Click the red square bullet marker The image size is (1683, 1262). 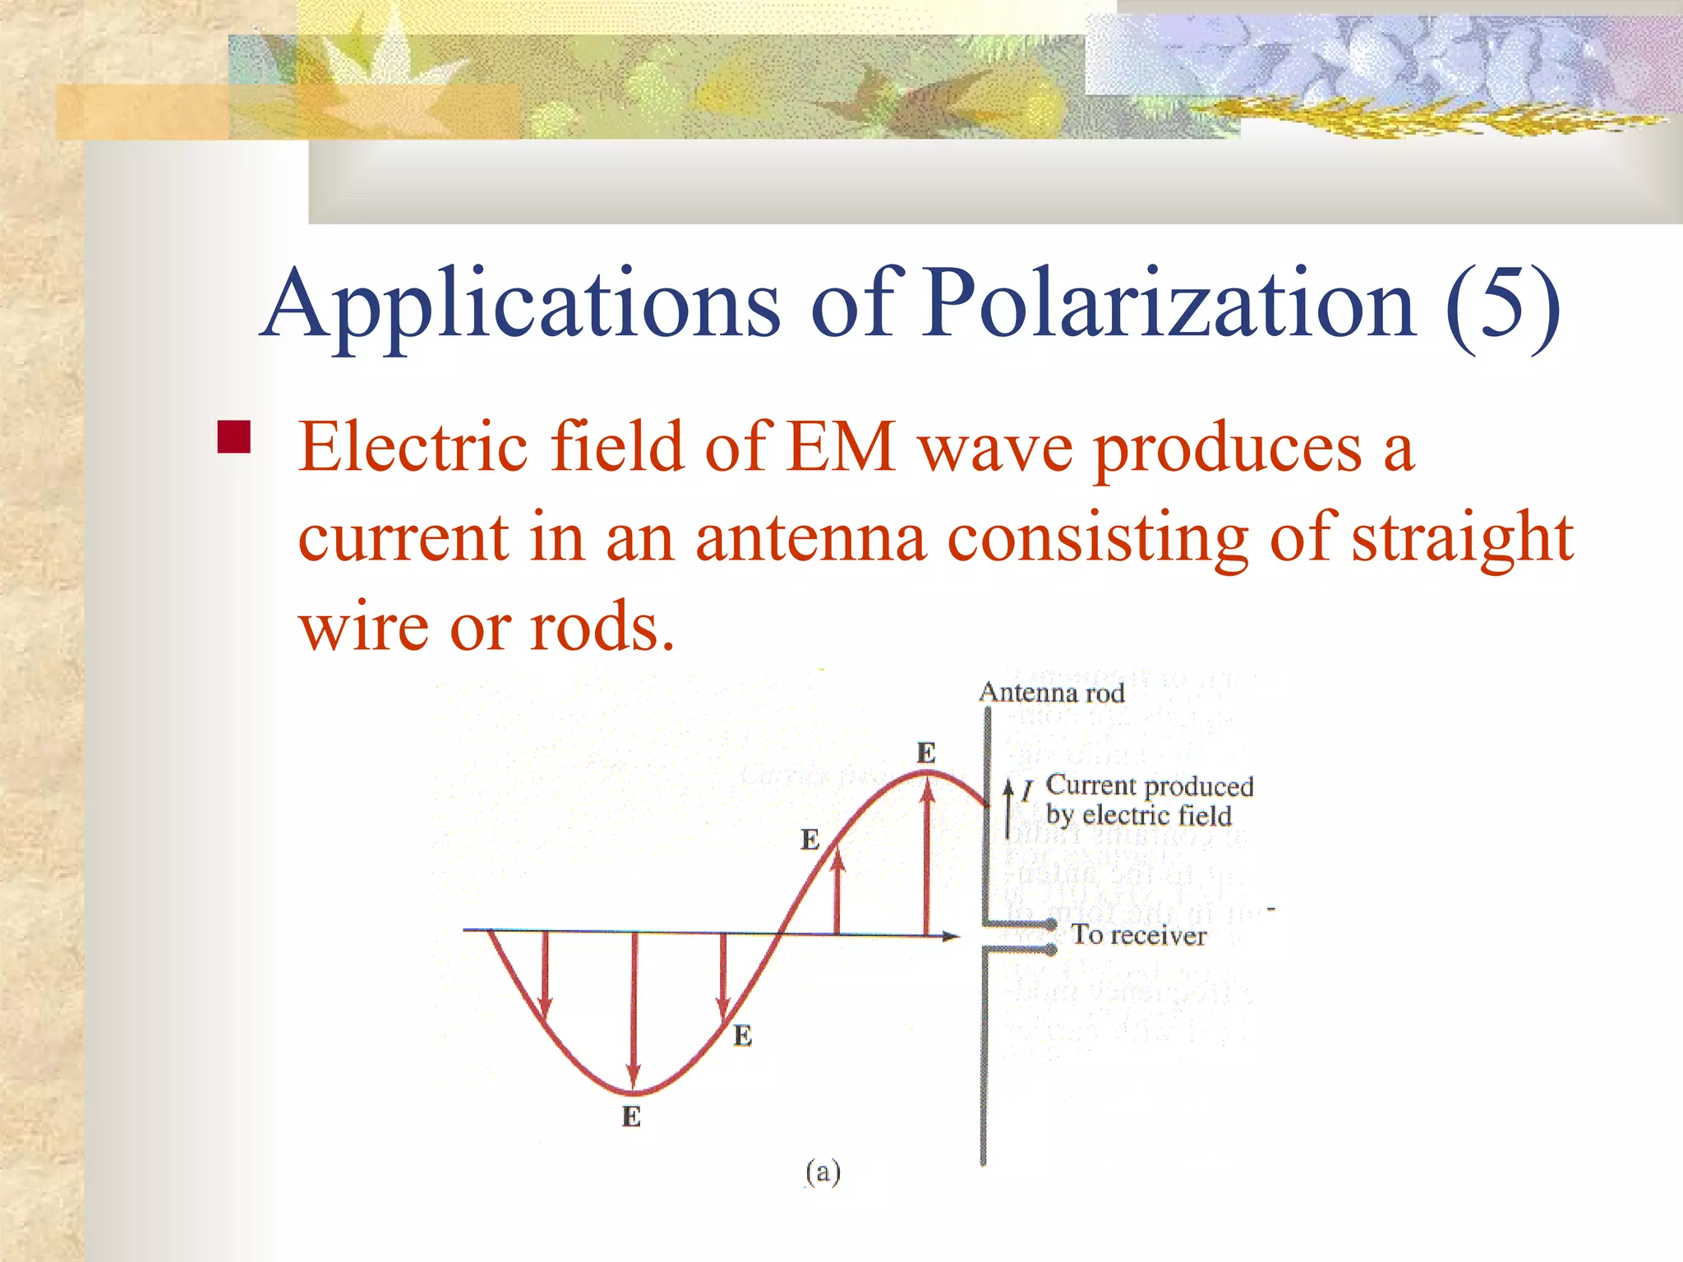[x=233, y=438]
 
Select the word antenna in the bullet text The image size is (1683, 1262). [x=810, y=538]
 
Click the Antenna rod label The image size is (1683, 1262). [x=1052, y=693]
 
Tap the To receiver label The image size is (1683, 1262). [x=1139, y=935]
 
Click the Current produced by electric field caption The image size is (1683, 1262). [x=1149, y=800]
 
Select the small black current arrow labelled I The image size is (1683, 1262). [x=1008, y=809]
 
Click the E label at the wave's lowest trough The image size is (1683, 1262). [x=631, y=1117]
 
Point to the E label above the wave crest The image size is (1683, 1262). [x=926, y=753]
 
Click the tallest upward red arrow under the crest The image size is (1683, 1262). [x=927, y=854]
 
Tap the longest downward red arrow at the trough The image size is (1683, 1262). [x=634, y=1011]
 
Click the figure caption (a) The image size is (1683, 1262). [x=823, y=1172]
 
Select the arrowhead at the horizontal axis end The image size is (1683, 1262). [x=951, y=936]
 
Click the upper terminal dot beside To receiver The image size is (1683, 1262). [x=1050, y=925]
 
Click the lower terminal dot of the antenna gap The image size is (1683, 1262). [x=1050, y=951]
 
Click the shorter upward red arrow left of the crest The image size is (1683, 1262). [x=837, y=891]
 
